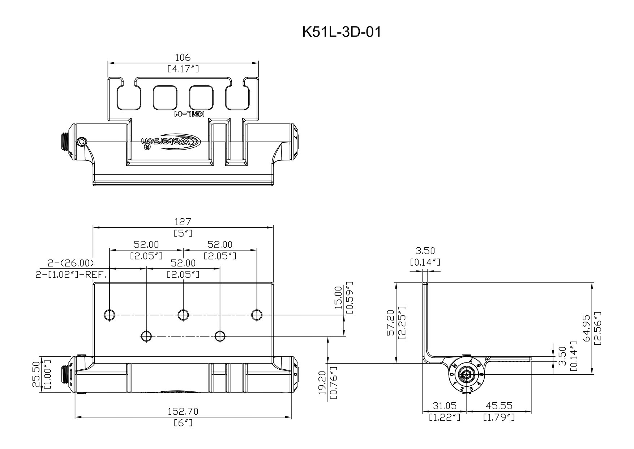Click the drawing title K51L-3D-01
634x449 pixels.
pyautogui.click(x=342, y=32)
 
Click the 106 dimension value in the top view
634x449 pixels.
pyautogui.click(x=183, y=57)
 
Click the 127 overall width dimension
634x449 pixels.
pyautogui.click(x=183, y=222)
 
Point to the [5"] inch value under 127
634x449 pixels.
pyautogui.click(x=183, y=233)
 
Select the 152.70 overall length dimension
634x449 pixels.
pyautogui.click(x=183, y=412)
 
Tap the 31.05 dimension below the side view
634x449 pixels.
pyautogui.click(x=445, y=406)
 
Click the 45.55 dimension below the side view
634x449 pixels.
pyautogui.click(x=499, y=406)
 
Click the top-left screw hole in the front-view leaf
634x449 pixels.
pyautogui.click(x=109, y=315)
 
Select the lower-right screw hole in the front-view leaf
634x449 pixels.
pyautogui.click(x=220, y=336)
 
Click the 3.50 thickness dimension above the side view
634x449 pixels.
pyautogui.click(x=425, y=251)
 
